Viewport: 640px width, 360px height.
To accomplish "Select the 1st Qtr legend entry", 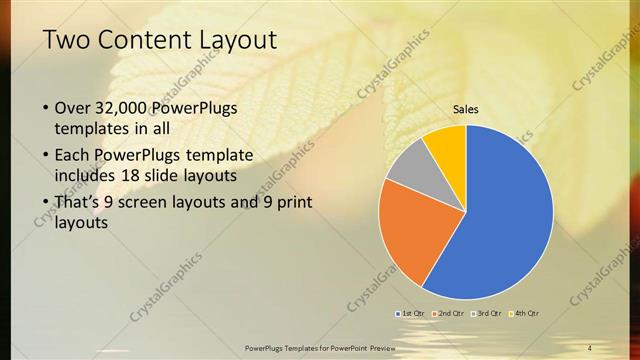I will point(412,313).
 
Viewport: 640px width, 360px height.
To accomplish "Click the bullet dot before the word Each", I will point(46,156).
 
